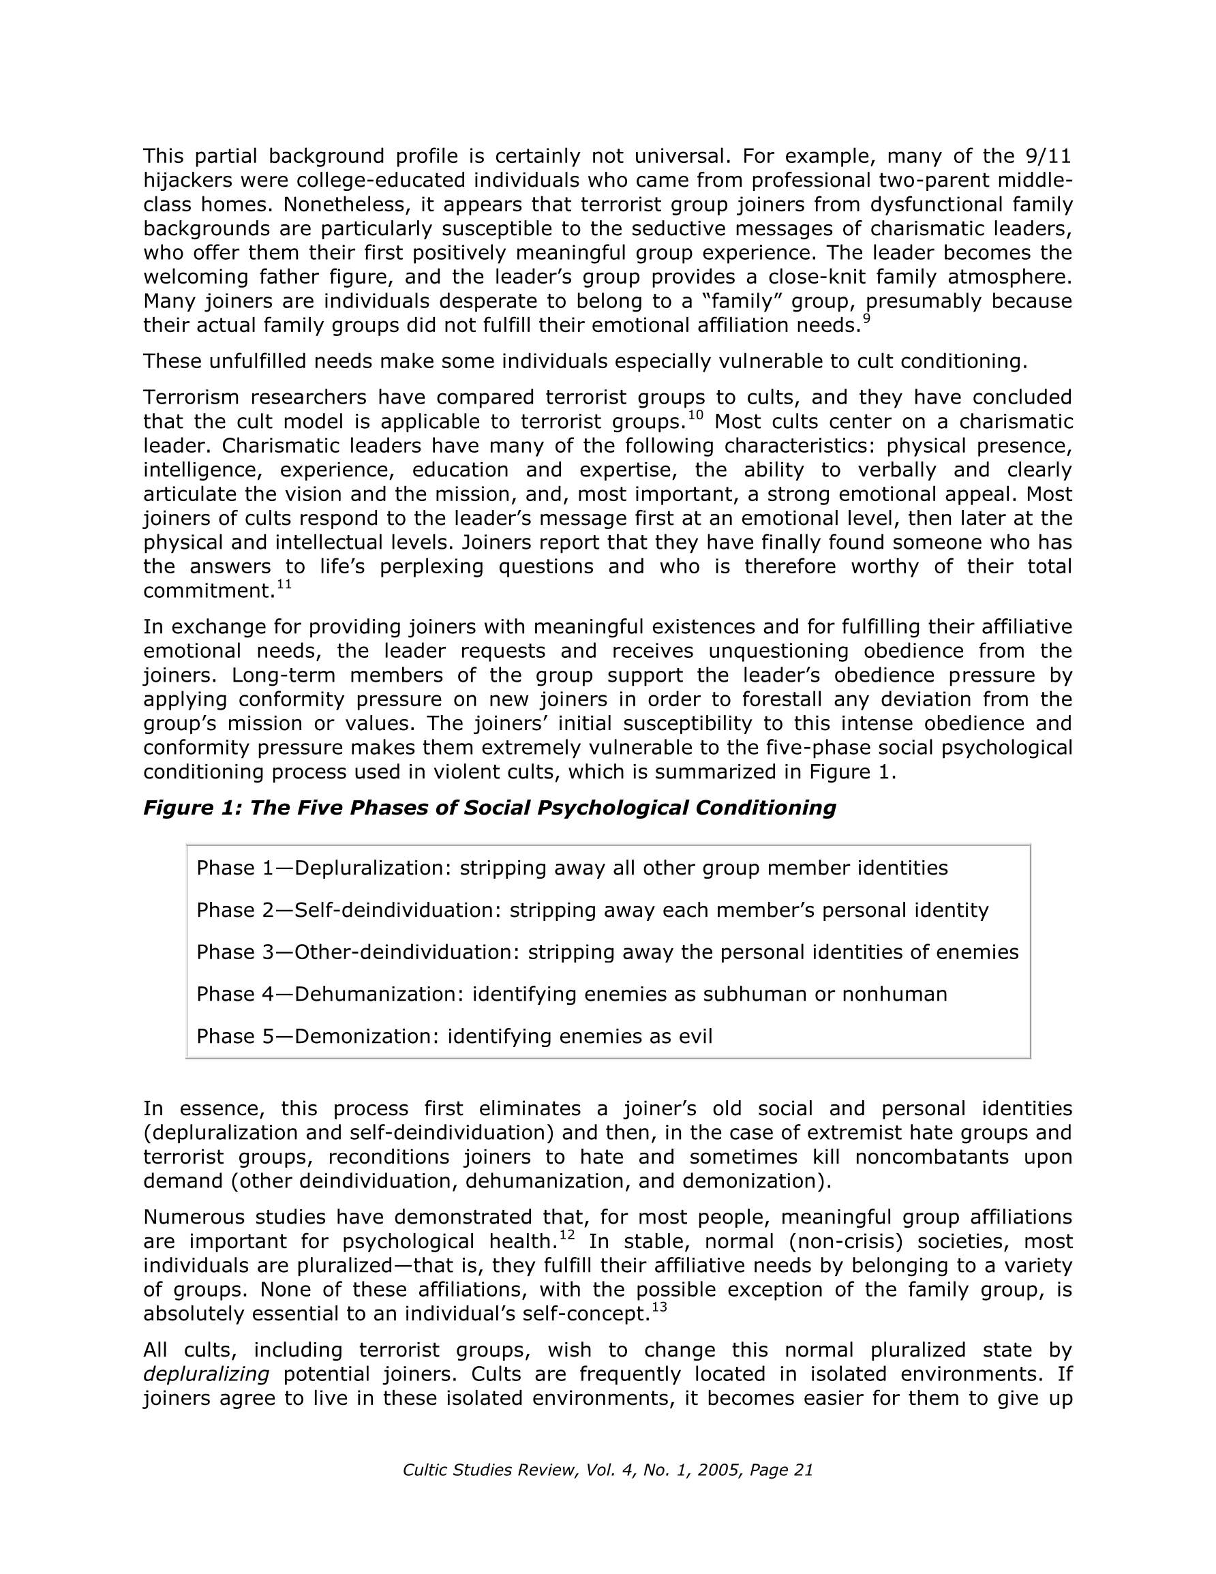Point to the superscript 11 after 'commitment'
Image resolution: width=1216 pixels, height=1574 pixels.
tap(284, 584)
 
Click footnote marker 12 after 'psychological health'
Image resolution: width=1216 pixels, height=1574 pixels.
tap(566, 1235)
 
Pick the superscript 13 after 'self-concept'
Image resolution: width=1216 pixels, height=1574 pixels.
tap(659, 1307)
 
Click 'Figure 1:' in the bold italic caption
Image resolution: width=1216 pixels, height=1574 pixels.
tap(192, 808)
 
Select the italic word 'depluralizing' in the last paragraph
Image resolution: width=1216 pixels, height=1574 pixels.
tap(206, 1374)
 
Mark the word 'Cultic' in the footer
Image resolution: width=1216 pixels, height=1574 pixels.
tap(425, 1470)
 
